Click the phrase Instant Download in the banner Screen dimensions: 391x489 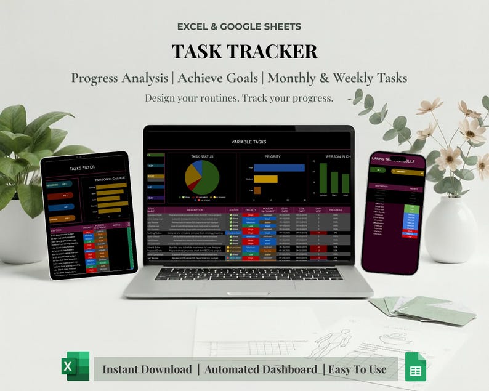click(147, 369)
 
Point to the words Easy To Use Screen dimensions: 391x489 click(358, 369)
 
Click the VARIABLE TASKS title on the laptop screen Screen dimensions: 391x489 click(249, 142)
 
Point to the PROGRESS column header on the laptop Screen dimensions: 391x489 click(335, 210)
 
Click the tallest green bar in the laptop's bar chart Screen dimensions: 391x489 click(323, 178)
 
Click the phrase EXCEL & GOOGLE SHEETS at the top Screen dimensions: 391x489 click(239, 26)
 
